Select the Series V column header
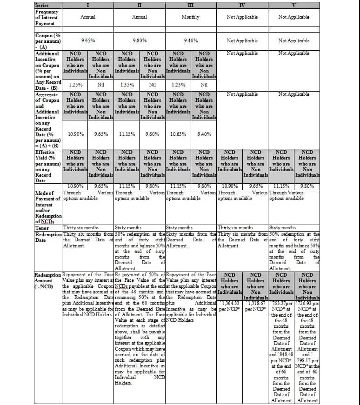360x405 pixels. [x=293, y=5]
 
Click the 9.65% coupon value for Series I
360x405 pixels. [x=88, y=40]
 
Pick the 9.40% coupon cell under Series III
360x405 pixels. [x=191, y=40]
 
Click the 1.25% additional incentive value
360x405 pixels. [x=75, y=85]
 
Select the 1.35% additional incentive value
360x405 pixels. [x=127, y=85]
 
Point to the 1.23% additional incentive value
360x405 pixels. [x=178, y=85]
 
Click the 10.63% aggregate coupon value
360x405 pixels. [x=178, y=134]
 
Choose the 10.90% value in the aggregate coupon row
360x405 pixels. [x=75, y=134]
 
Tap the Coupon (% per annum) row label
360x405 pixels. [x=48, y=40]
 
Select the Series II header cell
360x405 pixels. [x=140, y=5]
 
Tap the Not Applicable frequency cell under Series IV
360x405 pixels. [x=242, y=17]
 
